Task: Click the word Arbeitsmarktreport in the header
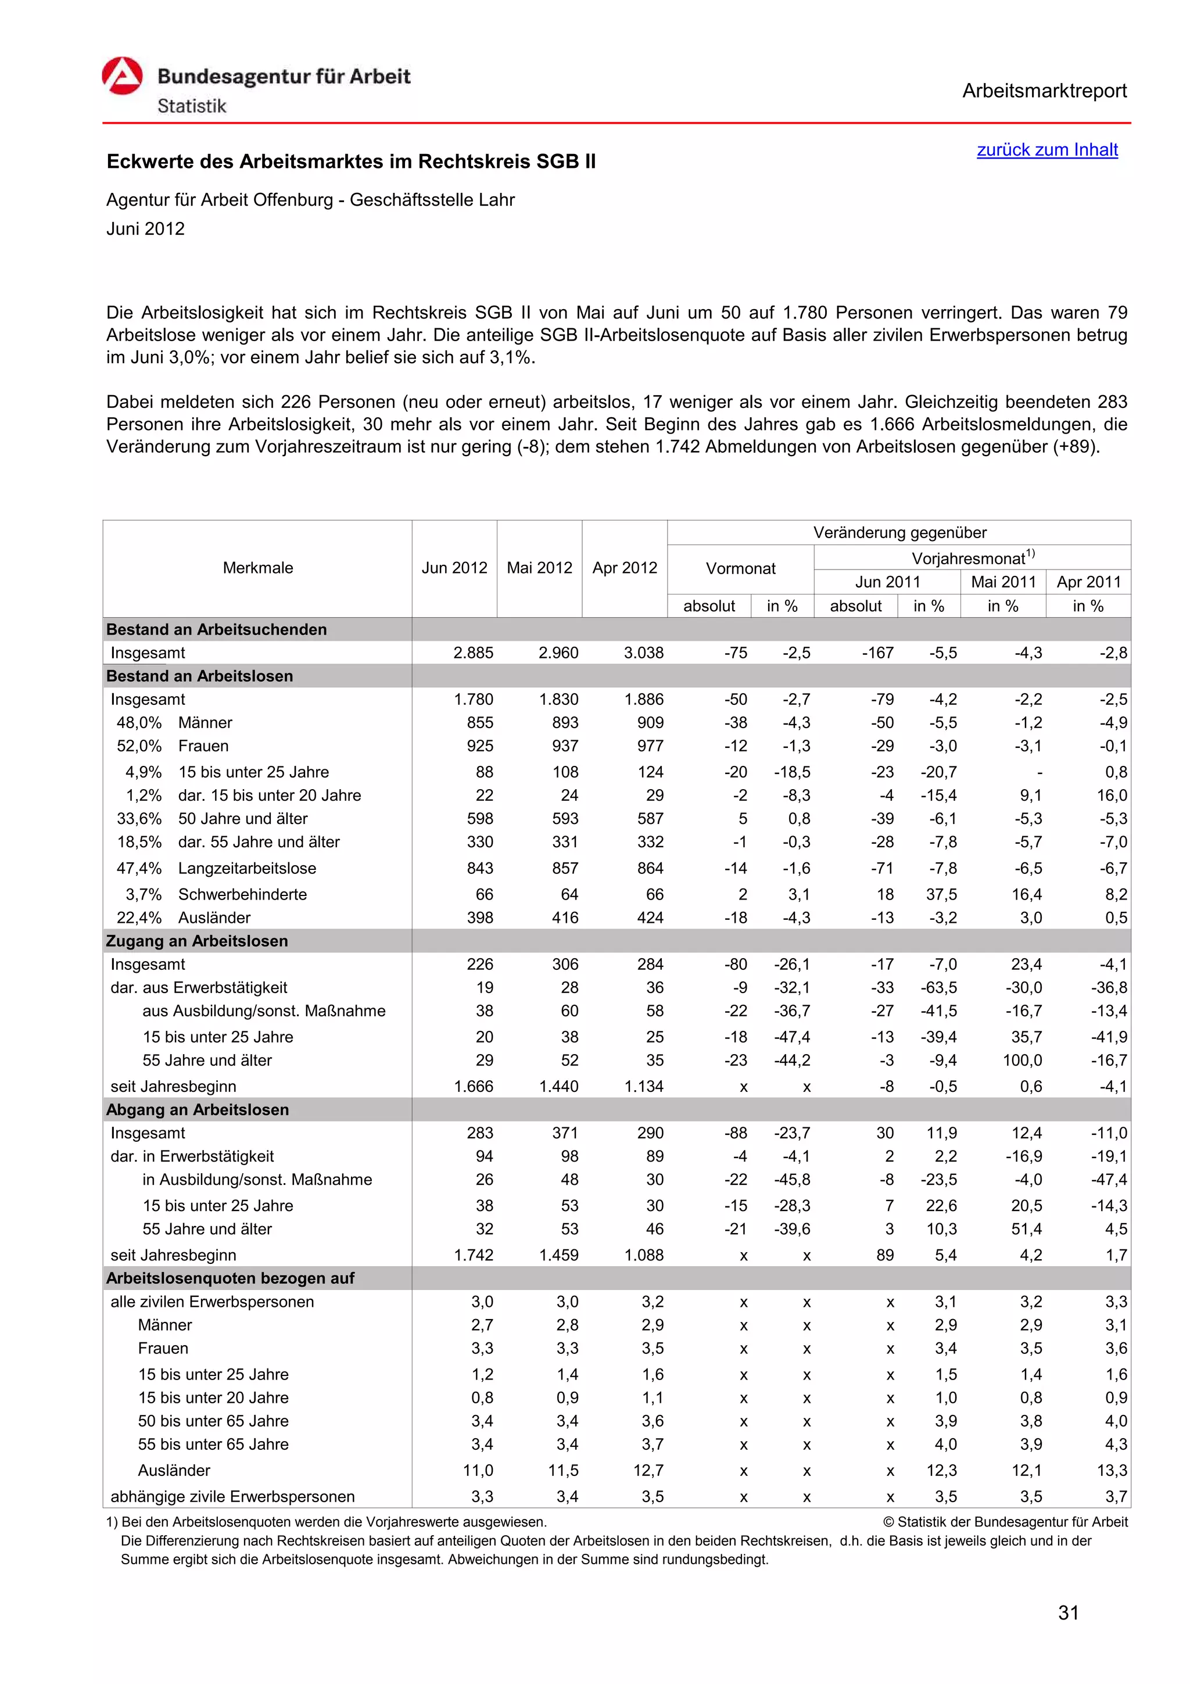pyautogui.click(x=1044, y=91)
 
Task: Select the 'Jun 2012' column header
pyautogui.click(x=454, y=568)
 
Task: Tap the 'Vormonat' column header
pyautogui.click(x=740, y=568)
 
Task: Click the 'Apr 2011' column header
pyautogui.click(x=1088, y=582)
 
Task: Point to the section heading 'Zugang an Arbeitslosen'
pyautogui.click(x=196, y=940)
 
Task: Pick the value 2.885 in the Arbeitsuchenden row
pyautogui.click(x=473, y=653)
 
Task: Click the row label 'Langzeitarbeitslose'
pyautogui.click(x=247, y=868)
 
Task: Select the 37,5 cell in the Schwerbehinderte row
pyautogui.click(x=941, y=894)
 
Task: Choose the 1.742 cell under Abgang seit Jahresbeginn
pyautogui.click(x=473, y=1255)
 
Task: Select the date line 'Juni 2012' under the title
pyautogui.click(x=145, y=229)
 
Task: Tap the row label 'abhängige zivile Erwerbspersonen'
pyautogui.click(x=232, y=1496)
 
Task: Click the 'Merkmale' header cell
pyautogui.click(x=257, y=568)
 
